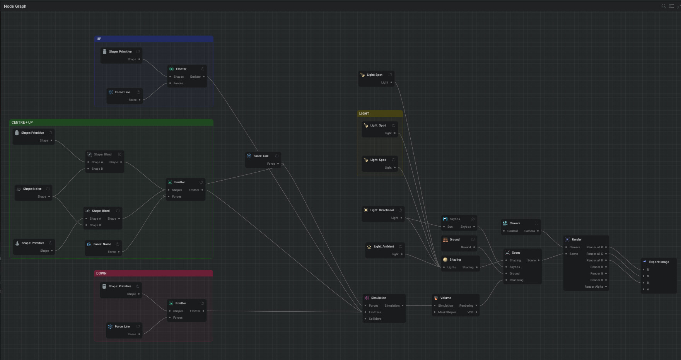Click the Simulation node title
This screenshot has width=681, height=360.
pyautogui.click(x=378, y=298)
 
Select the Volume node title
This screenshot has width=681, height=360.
pyautogui.click(x=445, y=298)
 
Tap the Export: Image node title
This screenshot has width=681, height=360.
pyautogui.click(x=659, y=262)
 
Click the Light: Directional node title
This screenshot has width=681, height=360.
pyautogui.click(x=382, y=210)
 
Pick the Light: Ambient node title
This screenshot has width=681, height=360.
pyautogui.click(x=384, y=246)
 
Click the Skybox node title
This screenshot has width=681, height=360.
pyautogui.click(x=455, y=219)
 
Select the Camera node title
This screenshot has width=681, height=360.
pyautogui.click(x=515, y=223)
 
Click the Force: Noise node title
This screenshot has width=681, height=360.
pyautogui.click(x=102, y=244)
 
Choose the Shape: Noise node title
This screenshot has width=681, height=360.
pyautogui.click(x=32, y=189)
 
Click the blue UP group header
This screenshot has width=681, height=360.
pyautogui.click(x=154, y=39)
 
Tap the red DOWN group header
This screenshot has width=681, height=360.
pyautogui.click(x=153, y=273)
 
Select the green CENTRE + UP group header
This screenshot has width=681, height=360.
pyautogui.click(x=111, y=122)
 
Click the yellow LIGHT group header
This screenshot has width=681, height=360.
pyautogui.click(x=380, y=114)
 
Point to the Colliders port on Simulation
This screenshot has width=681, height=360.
pyautogui.click(x=375, y=319)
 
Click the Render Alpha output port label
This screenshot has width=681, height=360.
pyautogui.click(x=594, y=287)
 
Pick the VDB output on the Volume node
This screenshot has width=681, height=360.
pyautogui.click(x=470, y=312)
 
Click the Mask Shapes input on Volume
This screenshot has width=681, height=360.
pyautogui.click(x=447, y=312)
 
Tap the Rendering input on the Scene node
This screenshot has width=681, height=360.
pyautogui.click(x=516, y=280)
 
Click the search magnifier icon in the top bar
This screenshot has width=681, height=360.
pyautogui.click(x=664, y=6)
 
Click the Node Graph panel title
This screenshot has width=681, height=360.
pyautogui.click(x=15, y=6)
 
